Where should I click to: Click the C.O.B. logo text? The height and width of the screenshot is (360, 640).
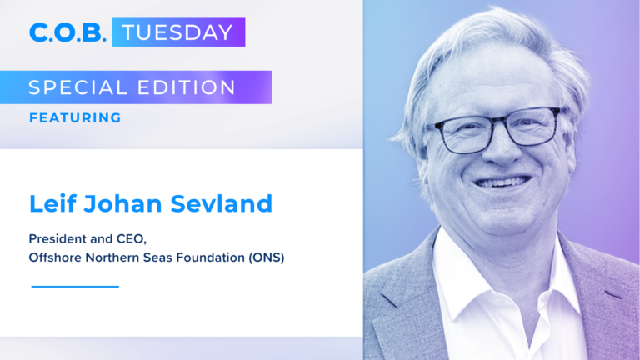pyautogui.click(x=67, y=32)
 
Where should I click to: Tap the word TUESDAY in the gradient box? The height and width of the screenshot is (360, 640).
pyautogui.click(x=177, y=32)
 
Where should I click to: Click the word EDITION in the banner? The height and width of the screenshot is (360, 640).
pyautogui.click(x=187, y=87)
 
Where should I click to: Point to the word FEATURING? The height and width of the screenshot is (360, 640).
pyautogui.click(x=75, y=118)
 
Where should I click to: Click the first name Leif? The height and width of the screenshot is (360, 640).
pyautogui.click(x=52, y=203)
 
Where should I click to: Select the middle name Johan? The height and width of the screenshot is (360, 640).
pyautogui.click(x=122, y=203)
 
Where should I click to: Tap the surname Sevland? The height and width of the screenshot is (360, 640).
pyautogui.click(x=221, y=203)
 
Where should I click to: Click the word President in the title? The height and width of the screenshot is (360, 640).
pyautogui.click(x=57, y=238)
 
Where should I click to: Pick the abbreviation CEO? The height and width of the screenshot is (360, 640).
pyautogui.click(x=131, y=239)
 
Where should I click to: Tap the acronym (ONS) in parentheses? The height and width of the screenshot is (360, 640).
pyautogui.click(x=267, y=258)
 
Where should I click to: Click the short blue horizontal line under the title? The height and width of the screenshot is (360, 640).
pyautogui.click(x=75, y=287)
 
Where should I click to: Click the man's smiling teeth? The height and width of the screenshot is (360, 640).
pyautogui.click(x=503, y=182)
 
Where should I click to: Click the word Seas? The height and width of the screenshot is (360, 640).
pyautogui.click(x=157, y=257)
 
